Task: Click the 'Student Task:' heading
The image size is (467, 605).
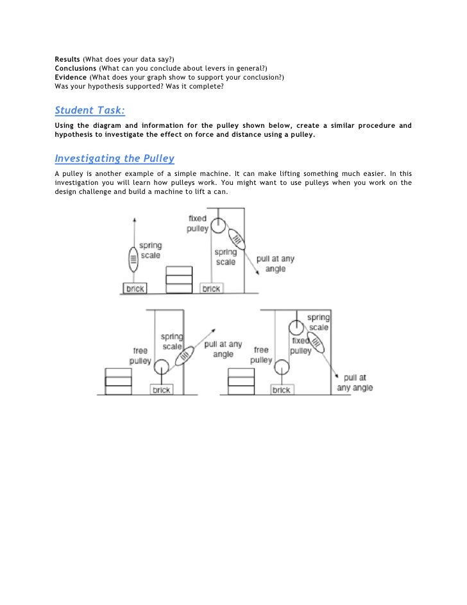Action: point(89,110)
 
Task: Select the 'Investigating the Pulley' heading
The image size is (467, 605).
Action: point(115,158)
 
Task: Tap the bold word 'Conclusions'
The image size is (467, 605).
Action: point(76,69)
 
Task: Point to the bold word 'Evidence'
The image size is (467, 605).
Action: point(71,77)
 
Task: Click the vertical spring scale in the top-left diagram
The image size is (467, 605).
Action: point(133,260)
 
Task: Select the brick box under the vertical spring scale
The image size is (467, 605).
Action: point(135,289)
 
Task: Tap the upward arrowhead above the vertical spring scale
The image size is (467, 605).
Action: point(133,220)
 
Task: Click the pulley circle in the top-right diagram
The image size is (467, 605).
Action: point(219,226)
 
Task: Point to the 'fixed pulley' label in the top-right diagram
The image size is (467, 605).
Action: point(197,224)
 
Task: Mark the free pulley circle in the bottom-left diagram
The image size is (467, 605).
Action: point(160,367)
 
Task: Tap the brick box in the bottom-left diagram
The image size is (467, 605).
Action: point(162,390)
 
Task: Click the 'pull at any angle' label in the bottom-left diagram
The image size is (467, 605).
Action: point(223,349)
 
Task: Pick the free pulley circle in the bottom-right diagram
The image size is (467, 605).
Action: point(280,366)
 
